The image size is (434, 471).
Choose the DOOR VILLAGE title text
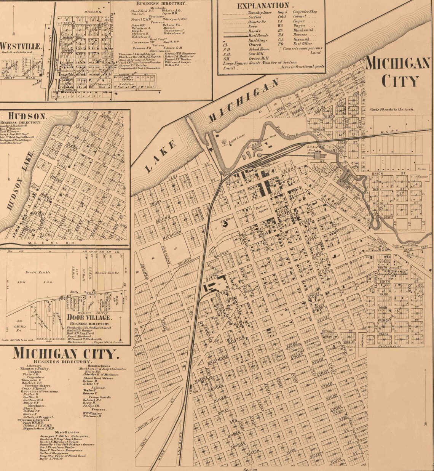(89, 317)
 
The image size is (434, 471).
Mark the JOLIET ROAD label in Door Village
(76, 295)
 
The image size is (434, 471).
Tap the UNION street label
(377, 174)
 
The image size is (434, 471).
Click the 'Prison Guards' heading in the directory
(94, 396)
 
